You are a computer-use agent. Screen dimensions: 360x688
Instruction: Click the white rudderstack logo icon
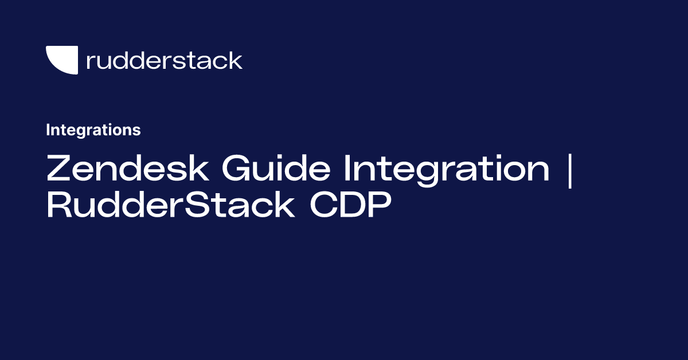point(61,60)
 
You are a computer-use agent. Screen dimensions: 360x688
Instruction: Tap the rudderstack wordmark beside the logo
point(164,60)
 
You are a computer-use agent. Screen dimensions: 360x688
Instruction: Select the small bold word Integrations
point(93,130)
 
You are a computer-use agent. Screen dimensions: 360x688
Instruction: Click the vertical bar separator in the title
point(569,170)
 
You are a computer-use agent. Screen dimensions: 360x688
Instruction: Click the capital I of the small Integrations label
point(48,130)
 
